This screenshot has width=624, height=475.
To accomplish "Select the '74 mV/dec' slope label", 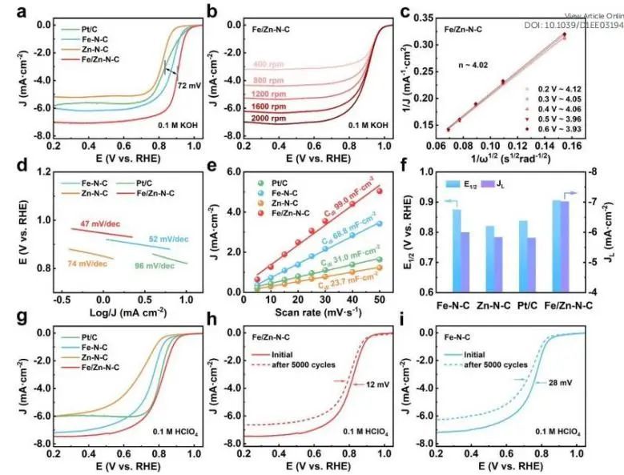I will coord(83,263).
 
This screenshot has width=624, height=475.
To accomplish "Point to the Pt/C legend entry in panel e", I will coord(282,183).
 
